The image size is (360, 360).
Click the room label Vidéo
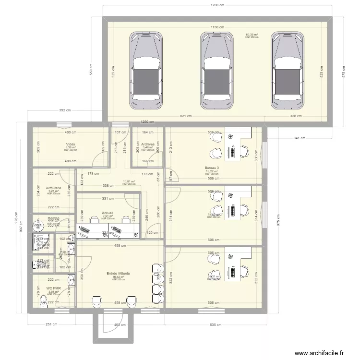pos(71,144)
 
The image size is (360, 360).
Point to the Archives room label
pos(148,144)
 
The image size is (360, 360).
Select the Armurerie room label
pos(53,188)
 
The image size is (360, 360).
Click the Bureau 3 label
pos(212,168)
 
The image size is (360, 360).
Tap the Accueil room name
pos(108,212)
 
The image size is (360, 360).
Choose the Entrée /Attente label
pos(118,274)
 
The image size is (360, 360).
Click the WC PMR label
pos(53,288)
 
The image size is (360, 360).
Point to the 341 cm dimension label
pos(300,138)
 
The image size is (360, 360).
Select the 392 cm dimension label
pos(65,110)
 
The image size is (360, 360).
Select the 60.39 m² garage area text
pos(252,35)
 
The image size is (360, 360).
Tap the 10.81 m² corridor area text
pos(129,181)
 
